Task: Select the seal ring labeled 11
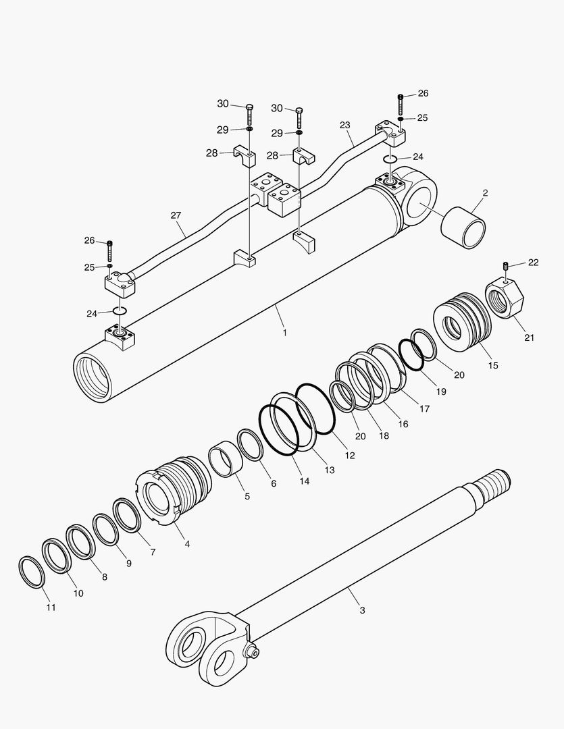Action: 31,572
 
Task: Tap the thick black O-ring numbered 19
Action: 411,354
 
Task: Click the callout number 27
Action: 176,215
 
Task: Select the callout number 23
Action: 345,126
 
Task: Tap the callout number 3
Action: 362,610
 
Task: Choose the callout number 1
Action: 284,333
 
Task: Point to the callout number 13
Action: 329,469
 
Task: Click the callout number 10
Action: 78,593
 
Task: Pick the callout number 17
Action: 424,408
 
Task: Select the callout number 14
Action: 305,481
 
